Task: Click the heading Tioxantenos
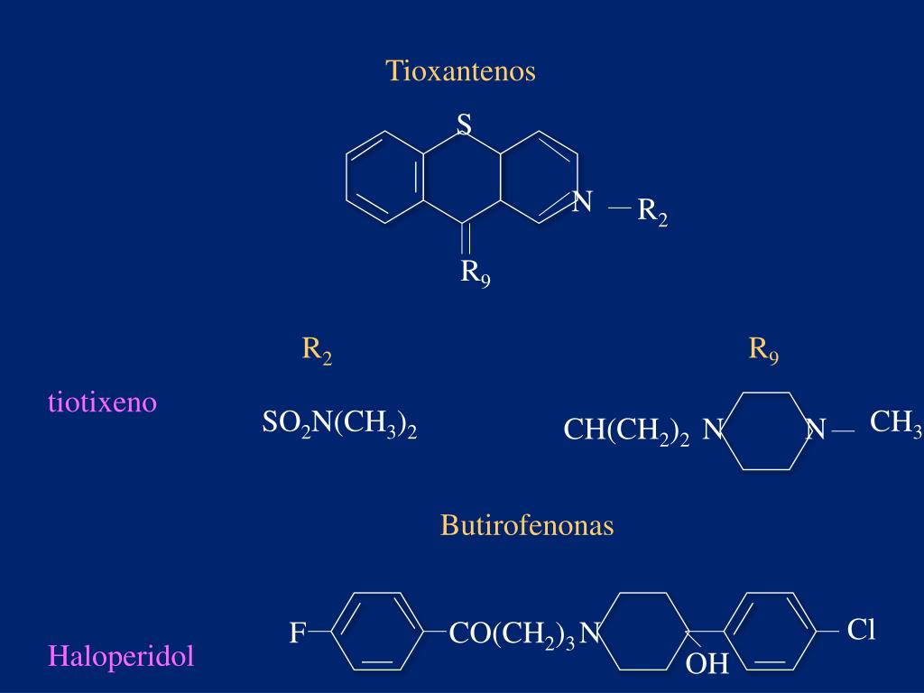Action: pos(461,71)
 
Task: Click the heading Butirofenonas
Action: pos(527,525)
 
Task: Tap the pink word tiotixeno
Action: pos(102,402)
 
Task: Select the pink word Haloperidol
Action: pos(121,656)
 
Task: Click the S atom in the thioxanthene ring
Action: pos(464,125)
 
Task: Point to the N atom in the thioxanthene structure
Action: pos(582,202)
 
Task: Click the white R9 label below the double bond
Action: pos(476,272)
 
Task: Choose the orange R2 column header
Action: pos(317,350)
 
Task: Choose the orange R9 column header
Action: pos(763,350)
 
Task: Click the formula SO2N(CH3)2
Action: pos(339,422)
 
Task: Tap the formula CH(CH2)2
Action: pos(627,430)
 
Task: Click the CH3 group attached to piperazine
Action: pos(895,422)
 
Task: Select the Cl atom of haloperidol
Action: pos(862,630)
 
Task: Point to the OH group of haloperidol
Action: pos(707,665)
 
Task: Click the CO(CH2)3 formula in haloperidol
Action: pos(512,634)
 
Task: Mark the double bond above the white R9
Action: pos(464,238)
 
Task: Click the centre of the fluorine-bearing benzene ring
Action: pos(377,631)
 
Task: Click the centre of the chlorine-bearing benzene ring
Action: pos(769,631)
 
